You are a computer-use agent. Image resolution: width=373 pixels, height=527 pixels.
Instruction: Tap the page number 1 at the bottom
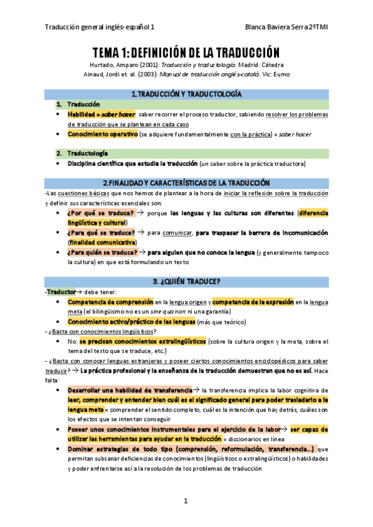coord(186,501)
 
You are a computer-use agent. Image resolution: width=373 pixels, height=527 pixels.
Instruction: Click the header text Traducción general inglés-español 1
coord(100,28)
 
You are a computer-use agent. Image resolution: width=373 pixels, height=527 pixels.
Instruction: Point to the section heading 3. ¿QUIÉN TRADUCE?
coord(186,281)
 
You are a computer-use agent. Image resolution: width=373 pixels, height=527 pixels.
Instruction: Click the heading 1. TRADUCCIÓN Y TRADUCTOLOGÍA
coord(186,94)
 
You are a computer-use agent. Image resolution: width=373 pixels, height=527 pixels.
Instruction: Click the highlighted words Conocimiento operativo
coord(103,134)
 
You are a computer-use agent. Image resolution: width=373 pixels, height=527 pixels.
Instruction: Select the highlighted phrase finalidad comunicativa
coord(103,242)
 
